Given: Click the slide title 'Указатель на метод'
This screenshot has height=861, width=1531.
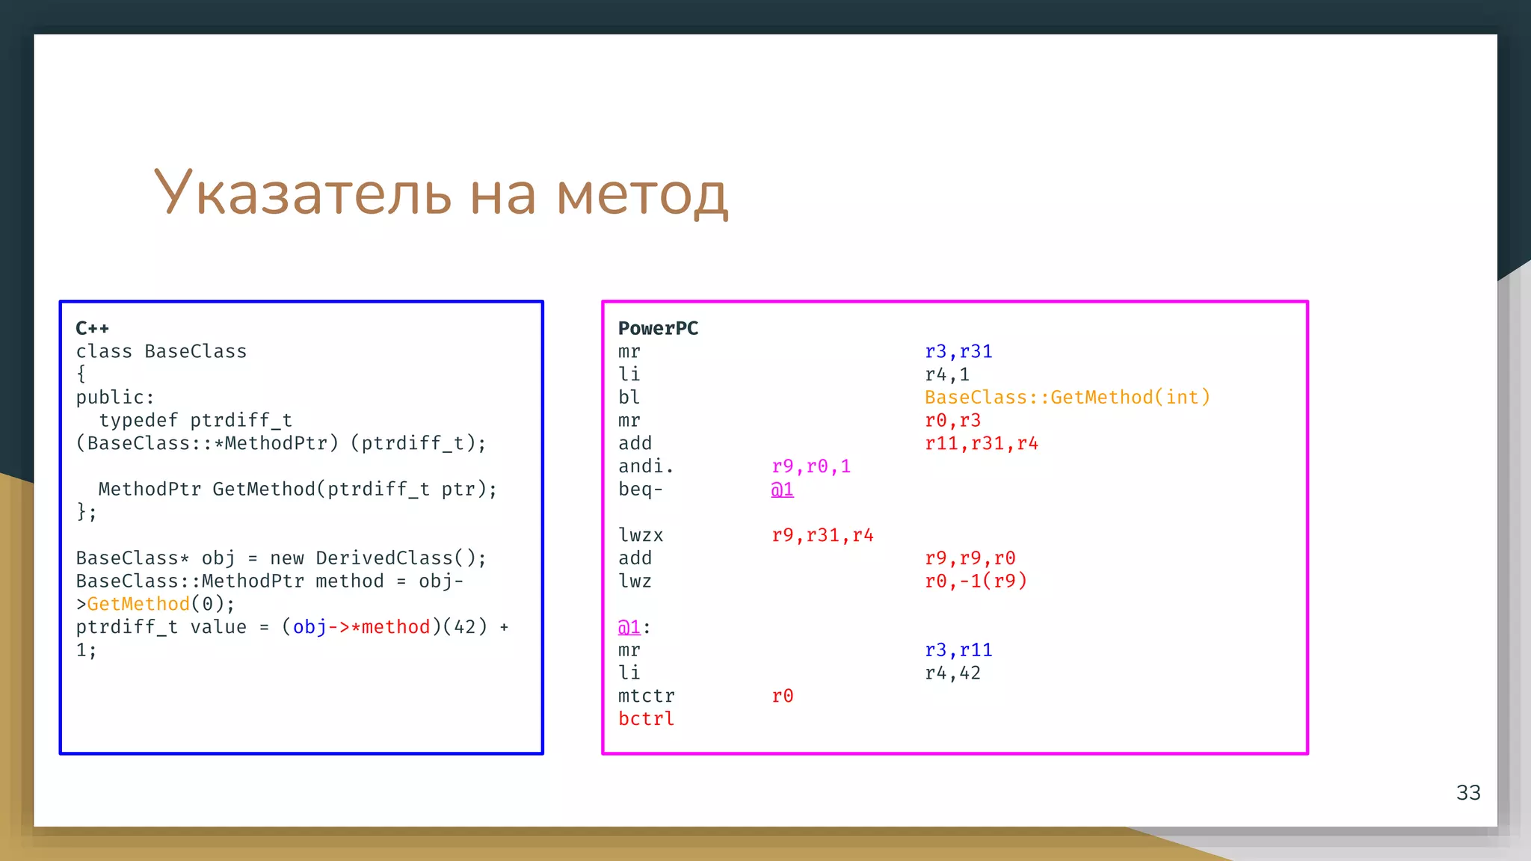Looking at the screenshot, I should pos(440,193).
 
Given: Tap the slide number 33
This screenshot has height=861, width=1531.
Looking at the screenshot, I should pos(1468,792).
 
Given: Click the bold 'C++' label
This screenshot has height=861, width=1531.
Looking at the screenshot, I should pos(93,328).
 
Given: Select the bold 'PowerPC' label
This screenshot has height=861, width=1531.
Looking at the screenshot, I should pos(658,328).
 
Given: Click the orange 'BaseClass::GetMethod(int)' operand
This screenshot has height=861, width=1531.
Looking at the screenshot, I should pos(1067,397).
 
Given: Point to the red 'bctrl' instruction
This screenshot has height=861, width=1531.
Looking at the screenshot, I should pos(646,718).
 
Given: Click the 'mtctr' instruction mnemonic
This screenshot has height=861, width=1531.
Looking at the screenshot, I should pos(646,696).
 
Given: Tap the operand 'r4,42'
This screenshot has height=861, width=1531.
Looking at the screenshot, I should pos(952,673).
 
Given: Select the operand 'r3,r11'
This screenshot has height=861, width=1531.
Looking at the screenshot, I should pos(958,649).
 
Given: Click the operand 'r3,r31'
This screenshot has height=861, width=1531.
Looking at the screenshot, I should pos(958,351).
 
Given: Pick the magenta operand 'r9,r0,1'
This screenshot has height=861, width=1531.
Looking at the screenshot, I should pos(811,466).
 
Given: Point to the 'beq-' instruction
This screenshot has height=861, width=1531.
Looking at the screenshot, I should pos(641,490).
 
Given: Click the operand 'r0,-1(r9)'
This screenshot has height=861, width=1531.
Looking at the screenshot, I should pos(976,581).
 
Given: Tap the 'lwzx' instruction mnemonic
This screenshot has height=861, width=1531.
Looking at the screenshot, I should pos(641,535).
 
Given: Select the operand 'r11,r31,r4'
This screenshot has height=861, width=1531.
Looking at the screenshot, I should pos(982,443).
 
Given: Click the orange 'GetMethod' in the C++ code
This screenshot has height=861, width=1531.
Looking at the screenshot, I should pos(138,604).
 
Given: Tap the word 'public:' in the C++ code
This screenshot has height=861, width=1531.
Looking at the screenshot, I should pos(115,397).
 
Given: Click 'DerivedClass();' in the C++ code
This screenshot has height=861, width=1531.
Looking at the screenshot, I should pos(401,558).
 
